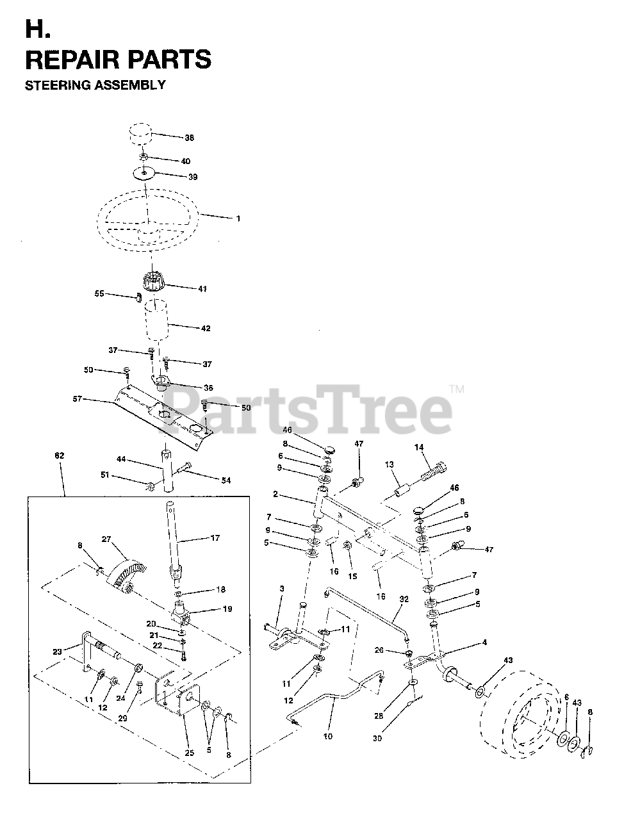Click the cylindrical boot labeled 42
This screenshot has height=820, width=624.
coord(156,320)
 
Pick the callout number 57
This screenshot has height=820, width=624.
coord(78,398)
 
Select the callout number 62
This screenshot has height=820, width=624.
coord(60,455)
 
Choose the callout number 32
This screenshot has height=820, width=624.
coord(404,600)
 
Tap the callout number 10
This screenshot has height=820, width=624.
coord(328,736)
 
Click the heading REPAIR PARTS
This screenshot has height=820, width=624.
coord(118,59)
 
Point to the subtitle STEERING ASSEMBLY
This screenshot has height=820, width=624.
coord(95,85)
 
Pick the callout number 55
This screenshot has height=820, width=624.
coord(99,293)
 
